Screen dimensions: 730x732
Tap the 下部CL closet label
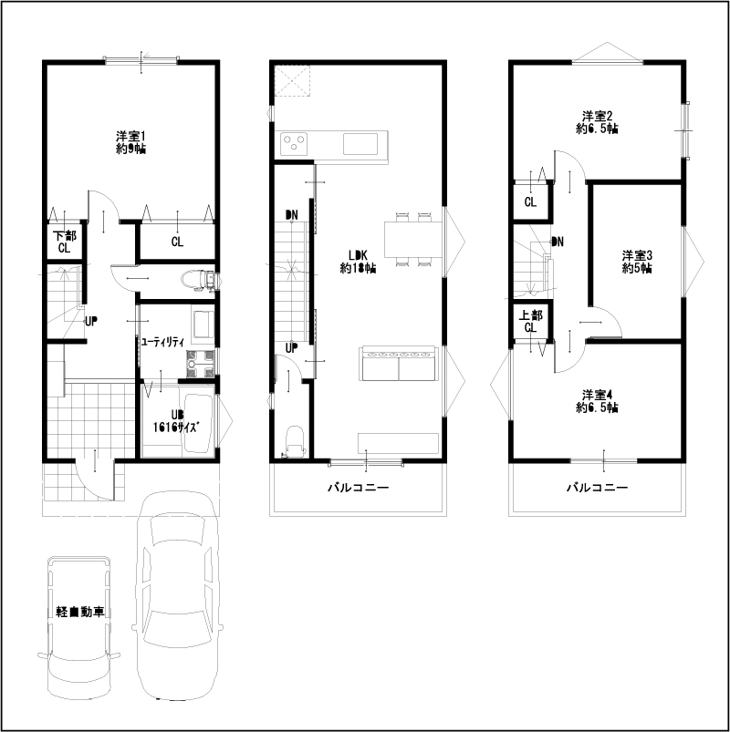click(x=64, y=242)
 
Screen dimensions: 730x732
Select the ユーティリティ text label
click(x=162, y=342)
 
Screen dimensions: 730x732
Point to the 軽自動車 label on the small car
click(x=80, y=612)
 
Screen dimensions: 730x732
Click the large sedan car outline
click(x=178, y=595)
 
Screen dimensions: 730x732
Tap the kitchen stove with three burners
click(x=294, y=144)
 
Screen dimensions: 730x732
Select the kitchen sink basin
click(x=360, y=144)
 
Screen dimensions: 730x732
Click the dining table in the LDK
click(x=413, y=240)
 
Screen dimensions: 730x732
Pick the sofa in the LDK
click(x=399, y=364)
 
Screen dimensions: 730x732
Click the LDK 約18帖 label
click(x=358, y=262)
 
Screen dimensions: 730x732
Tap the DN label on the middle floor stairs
click(x=292, y=215)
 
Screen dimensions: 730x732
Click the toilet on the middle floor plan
click(x=295, y=440)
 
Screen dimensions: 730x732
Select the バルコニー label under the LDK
click(x=358, y=488)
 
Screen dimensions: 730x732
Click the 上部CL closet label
click(x=530, y=322)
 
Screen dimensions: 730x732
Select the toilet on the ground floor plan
click(x=198, y=280)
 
